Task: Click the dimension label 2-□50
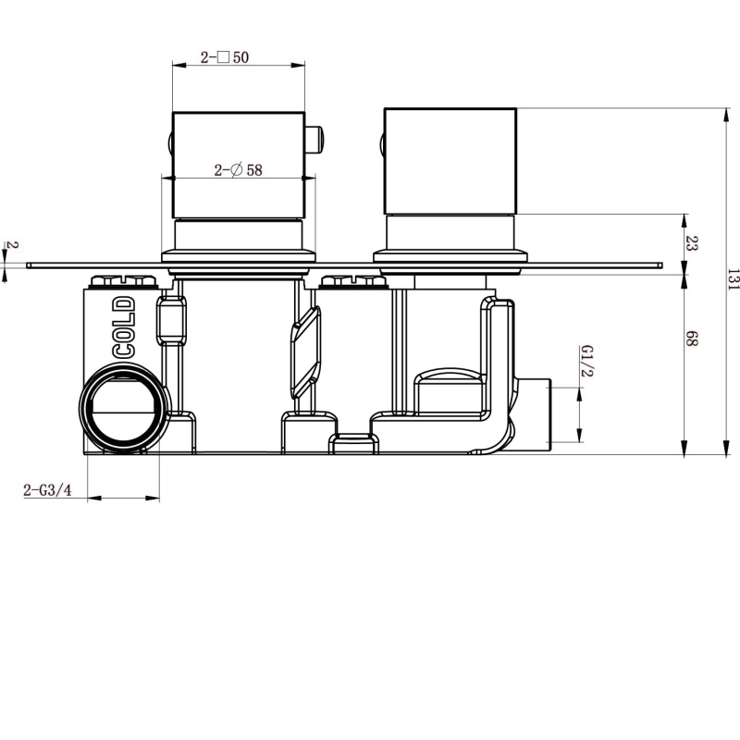click(225, 57)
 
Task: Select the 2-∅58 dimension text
click(239, 170)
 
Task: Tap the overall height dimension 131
click(733, 279)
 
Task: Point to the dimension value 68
click(691, 339)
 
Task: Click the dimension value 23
click(691, 243)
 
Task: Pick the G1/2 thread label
click(587, 361)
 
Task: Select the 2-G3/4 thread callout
click(48, 490)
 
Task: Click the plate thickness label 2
click(14, 245)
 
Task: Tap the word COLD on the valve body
click(124, 327)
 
